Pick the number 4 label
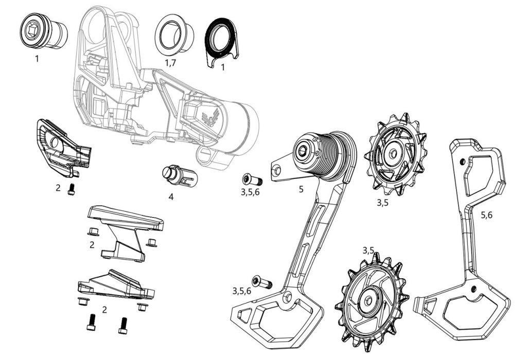(170, 196)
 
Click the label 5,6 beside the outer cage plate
(486, 215)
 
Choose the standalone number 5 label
(301, 189)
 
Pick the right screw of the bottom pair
(122, 325)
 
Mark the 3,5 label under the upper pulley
(382, 203)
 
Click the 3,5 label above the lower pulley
(368, 250)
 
